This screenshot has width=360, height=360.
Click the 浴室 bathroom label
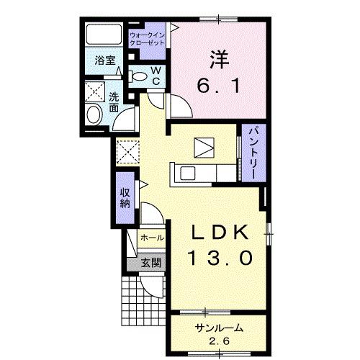click(105, 60)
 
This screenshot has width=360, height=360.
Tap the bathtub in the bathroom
click(104, 34)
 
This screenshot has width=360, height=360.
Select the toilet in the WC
click(138, 76)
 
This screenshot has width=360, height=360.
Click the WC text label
click(156, 76)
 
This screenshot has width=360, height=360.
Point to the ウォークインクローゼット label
click(147, 39)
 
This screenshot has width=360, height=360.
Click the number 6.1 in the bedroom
click(218, 86)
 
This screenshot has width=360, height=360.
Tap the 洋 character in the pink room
click(220, 59)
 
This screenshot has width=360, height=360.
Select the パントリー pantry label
click(253, 153)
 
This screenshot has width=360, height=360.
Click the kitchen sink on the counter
click(188, 174)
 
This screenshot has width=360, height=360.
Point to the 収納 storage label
click(125, 198)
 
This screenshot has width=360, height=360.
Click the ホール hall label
click(152, 238)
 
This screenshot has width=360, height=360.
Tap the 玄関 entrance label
click(150, 263)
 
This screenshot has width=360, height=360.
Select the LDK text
click(220, 233)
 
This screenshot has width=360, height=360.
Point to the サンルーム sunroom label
click(219, 328)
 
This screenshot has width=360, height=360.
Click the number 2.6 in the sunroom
click(220, 341)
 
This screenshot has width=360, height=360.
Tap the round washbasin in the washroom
click(94, 115)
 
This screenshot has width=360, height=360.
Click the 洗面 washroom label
click(114, 102)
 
